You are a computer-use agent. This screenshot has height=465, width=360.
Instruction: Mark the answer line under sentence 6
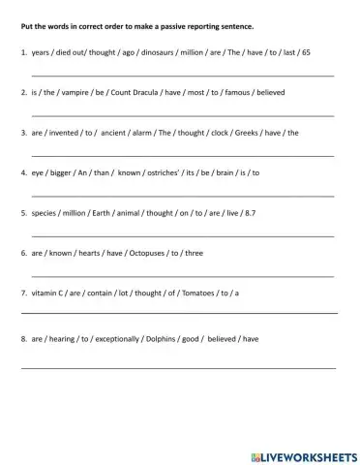[183, 276]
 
